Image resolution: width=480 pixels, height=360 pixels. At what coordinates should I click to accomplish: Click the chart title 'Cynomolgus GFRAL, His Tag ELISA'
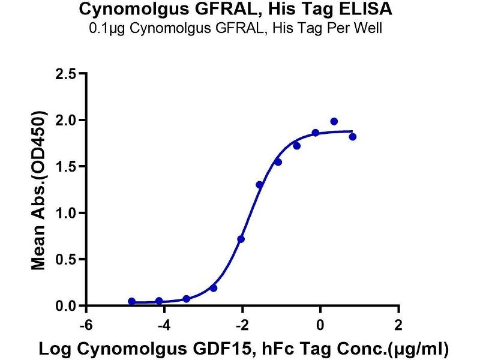pos(240,10)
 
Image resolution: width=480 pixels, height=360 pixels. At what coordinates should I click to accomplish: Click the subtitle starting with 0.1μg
pos(240,28)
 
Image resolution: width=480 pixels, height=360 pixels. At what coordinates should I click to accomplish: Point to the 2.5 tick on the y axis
pos(65,74)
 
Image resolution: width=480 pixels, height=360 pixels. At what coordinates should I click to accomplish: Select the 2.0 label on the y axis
pos(65,121)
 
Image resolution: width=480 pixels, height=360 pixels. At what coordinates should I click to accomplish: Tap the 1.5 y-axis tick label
pos(65,167)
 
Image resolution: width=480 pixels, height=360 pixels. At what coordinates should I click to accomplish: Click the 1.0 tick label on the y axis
pos(65,213)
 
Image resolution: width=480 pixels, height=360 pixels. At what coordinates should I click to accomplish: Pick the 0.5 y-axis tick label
pos(65,260)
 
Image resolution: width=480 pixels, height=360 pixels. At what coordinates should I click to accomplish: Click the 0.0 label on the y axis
pos(65,306)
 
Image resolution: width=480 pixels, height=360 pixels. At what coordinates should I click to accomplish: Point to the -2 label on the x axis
pos(241,324)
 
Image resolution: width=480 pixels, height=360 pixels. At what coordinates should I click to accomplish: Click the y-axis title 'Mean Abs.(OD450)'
pos(40,190)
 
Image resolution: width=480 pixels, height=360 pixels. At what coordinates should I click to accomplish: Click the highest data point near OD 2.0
pos(334,121)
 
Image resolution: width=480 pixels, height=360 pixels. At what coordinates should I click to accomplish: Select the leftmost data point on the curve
pos(132,301)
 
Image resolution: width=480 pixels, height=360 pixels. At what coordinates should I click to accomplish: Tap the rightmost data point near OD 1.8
pos(352,137)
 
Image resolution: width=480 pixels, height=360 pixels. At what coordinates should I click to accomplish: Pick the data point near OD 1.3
pos(260,185)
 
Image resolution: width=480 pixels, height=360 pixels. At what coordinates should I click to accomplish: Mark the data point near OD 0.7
pos(241,239)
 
